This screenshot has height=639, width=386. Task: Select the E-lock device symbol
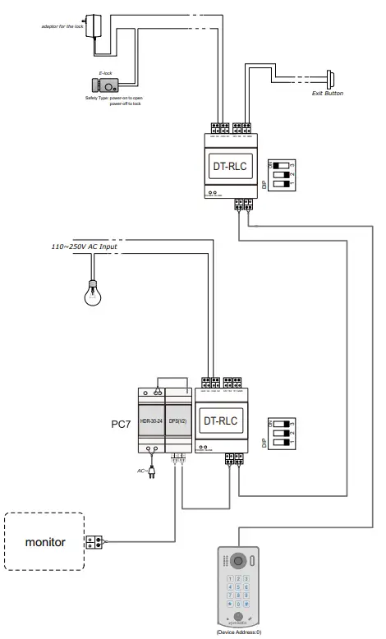coord(108,84)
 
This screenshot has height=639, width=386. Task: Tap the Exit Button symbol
coord(331,80)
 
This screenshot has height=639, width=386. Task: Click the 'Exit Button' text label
coord(326,94)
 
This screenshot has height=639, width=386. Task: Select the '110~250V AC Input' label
coord(84,246)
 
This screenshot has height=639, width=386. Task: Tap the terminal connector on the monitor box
coord(95,542)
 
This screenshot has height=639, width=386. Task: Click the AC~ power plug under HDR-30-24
coord(152,471)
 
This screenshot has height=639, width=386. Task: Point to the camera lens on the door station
coord(238,560)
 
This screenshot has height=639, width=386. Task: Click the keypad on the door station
coord(237,593)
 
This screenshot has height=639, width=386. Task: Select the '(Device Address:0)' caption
coord(238,633)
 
